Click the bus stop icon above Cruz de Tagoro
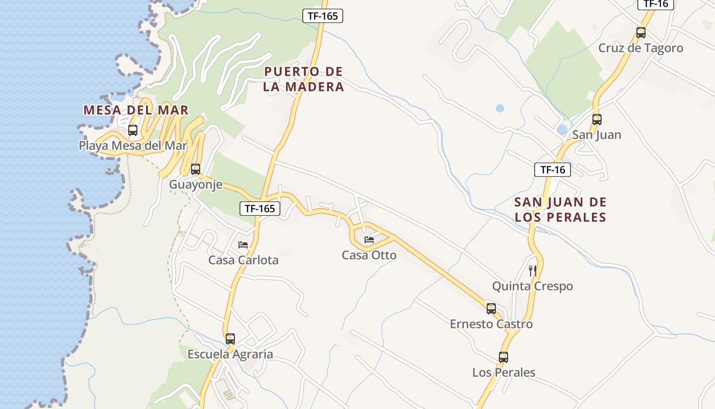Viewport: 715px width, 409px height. point(641,33)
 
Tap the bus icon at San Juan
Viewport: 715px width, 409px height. point(597,120)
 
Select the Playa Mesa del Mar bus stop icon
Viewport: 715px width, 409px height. point(133,130)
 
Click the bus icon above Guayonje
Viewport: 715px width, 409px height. point(196,169)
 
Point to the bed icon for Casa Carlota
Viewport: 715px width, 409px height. point(243,245)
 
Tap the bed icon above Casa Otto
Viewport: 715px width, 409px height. point(369,240)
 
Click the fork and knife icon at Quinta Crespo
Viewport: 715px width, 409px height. point(533,270)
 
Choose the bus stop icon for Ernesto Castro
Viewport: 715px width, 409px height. point(491,309)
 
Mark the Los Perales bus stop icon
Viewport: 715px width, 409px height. point(504,357)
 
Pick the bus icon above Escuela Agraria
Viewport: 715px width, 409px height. point(230,338)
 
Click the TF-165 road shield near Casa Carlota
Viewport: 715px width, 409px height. point(260,209)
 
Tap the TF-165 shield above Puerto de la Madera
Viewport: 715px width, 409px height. point(323,16)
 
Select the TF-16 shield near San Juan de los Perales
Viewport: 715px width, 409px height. point(553,170)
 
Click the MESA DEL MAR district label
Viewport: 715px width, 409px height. point(136,110)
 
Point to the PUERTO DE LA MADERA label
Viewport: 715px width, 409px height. point(304,79)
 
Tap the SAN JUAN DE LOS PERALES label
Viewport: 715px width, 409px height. point(560,210)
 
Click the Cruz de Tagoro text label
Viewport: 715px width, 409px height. point(640,48)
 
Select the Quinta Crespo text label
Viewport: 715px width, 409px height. point(533,286)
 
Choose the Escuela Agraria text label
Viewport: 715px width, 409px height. point(230,354)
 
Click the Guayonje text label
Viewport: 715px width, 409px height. point(196,185)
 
